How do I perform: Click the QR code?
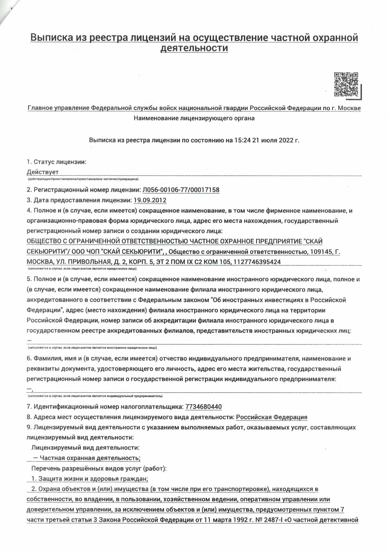tap(346, 84)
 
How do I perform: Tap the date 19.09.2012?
tap(150, 200)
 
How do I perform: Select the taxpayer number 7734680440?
tap(204, 407)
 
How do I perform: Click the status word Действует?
tap(43, 172)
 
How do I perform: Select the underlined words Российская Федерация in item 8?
tap(272, 417)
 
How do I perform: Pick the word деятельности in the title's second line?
tap(194, 48)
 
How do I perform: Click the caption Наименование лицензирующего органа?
tap(194, 118)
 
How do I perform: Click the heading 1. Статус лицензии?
tap(57, 162)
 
